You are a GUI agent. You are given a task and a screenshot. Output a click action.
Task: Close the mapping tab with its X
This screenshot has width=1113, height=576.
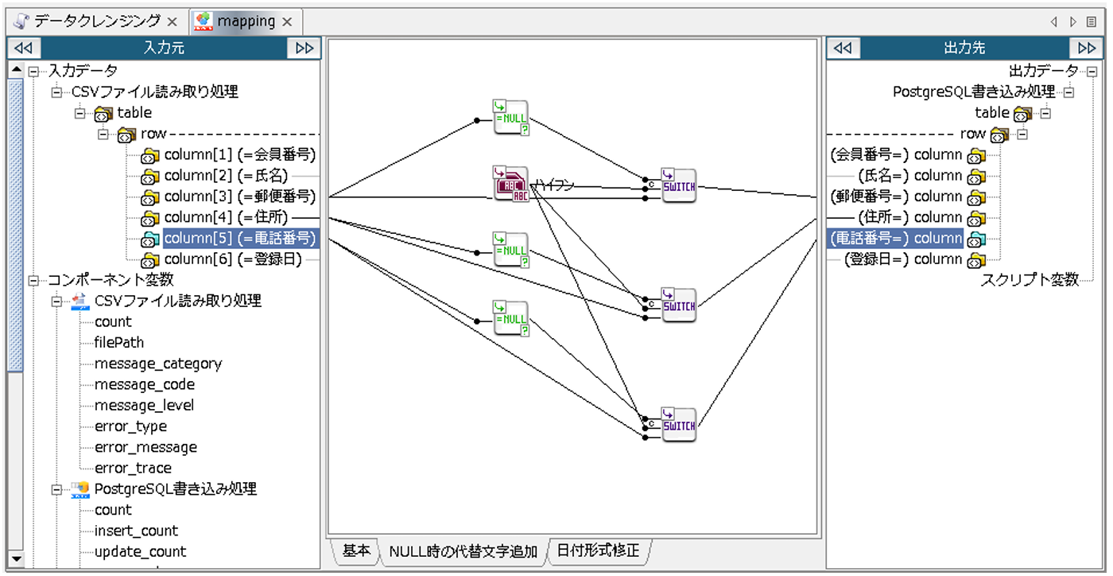(x=288, y=22)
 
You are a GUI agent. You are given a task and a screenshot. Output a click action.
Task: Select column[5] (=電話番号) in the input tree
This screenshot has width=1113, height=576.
(x=239, y=238)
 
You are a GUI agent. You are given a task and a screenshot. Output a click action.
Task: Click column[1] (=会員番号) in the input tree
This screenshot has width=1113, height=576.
(x=239, y=154)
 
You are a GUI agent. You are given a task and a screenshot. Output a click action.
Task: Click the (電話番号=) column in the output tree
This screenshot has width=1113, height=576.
(x=895, y=238)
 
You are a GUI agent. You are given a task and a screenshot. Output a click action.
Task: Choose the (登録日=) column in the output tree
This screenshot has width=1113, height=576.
(x=895, y=259)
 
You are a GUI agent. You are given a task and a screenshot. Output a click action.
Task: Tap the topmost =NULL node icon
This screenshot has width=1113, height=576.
(x=510, y=117)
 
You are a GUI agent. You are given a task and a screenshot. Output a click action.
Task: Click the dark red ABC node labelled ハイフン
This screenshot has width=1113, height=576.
(x=510, y=185)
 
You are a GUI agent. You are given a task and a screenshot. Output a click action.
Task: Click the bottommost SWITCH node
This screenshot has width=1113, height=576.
(x=678, y=425)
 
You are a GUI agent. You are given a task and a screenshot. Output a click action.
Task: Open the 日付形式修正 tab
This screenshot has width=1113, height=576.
(x=598, y=551)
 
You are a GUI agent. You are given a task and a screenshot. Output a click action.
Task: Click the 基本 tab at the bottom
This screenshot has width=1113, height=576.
(x=355, y=551)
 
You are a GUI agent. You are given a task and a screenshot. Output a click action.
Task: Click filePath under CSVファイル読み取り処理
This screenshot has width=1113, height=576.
(x=119, y=343)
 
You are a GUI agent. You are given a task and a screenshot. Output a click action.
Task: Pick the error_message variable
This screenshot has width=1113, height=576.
(x=145, y=447)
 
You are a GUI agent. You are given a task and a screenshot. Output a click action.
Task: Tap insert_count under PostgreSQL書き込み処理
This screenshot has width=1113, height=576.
(x=136, y=531)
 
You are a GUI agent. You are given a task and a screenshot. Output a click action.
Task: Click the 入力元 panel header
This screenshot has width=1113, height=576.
(x=164, y=48)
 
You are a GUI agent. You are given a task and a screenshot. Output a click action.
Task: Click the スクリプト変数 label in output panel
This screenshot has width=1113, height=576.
(x=1030, y=279)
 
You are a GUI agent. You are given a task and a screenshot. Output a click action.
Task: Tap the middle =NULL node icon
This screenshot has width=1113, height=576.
(x=510, y=250)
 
